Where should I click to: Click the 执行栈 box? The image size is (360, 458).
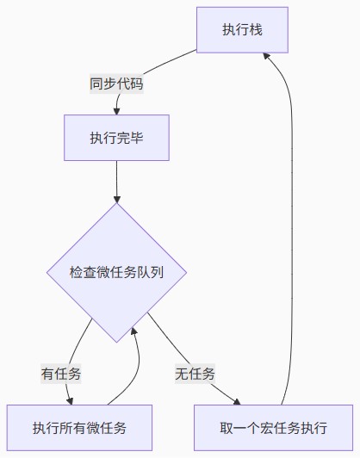click(x=242, y=30)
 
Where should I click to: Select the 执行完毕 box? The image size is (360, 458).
click(x=116, y=138)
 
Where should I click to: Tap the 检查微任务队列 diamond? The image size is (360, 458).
click(x=116, y=273)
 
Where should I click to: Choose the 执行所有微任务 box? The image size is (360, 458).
click(x=79, y=428)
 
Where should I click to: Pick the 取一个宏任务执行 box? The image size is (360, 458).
click(x=274, y=428)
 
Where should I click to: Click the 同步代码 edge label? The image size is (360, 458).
click(x=116, y=84)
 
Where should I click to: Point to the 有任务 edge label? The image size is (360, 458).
click(x=61, y=374)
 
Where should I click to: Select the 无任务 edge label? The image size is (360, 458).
click(x=195, y=374)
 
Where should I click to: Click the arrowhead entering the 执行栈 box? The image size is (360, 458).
click(x=266, y=56)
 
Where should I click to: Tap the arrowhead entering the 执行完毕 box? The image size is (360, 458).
click(x=116, y=111)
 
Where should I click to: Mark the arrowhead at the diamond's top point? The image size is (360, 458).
click(x=116, y=199)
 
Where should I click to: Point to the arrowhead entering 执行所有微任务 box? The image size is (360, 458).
click(x=70, y=401)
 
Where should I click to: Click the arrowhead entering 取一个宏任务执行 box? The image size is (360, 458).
click(x=237, y=402)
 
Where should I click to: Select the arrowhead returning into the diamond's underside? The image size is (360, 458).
click(x=133, y=331)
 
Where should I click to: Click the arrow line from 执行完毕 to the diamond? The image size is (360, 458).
click(x=116, y=182)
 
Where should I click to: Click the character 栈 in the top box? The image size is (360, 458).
click(x=256, y=30)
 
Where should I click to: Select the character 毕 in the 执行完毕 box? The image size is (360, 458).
click(x=136, y=138)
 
